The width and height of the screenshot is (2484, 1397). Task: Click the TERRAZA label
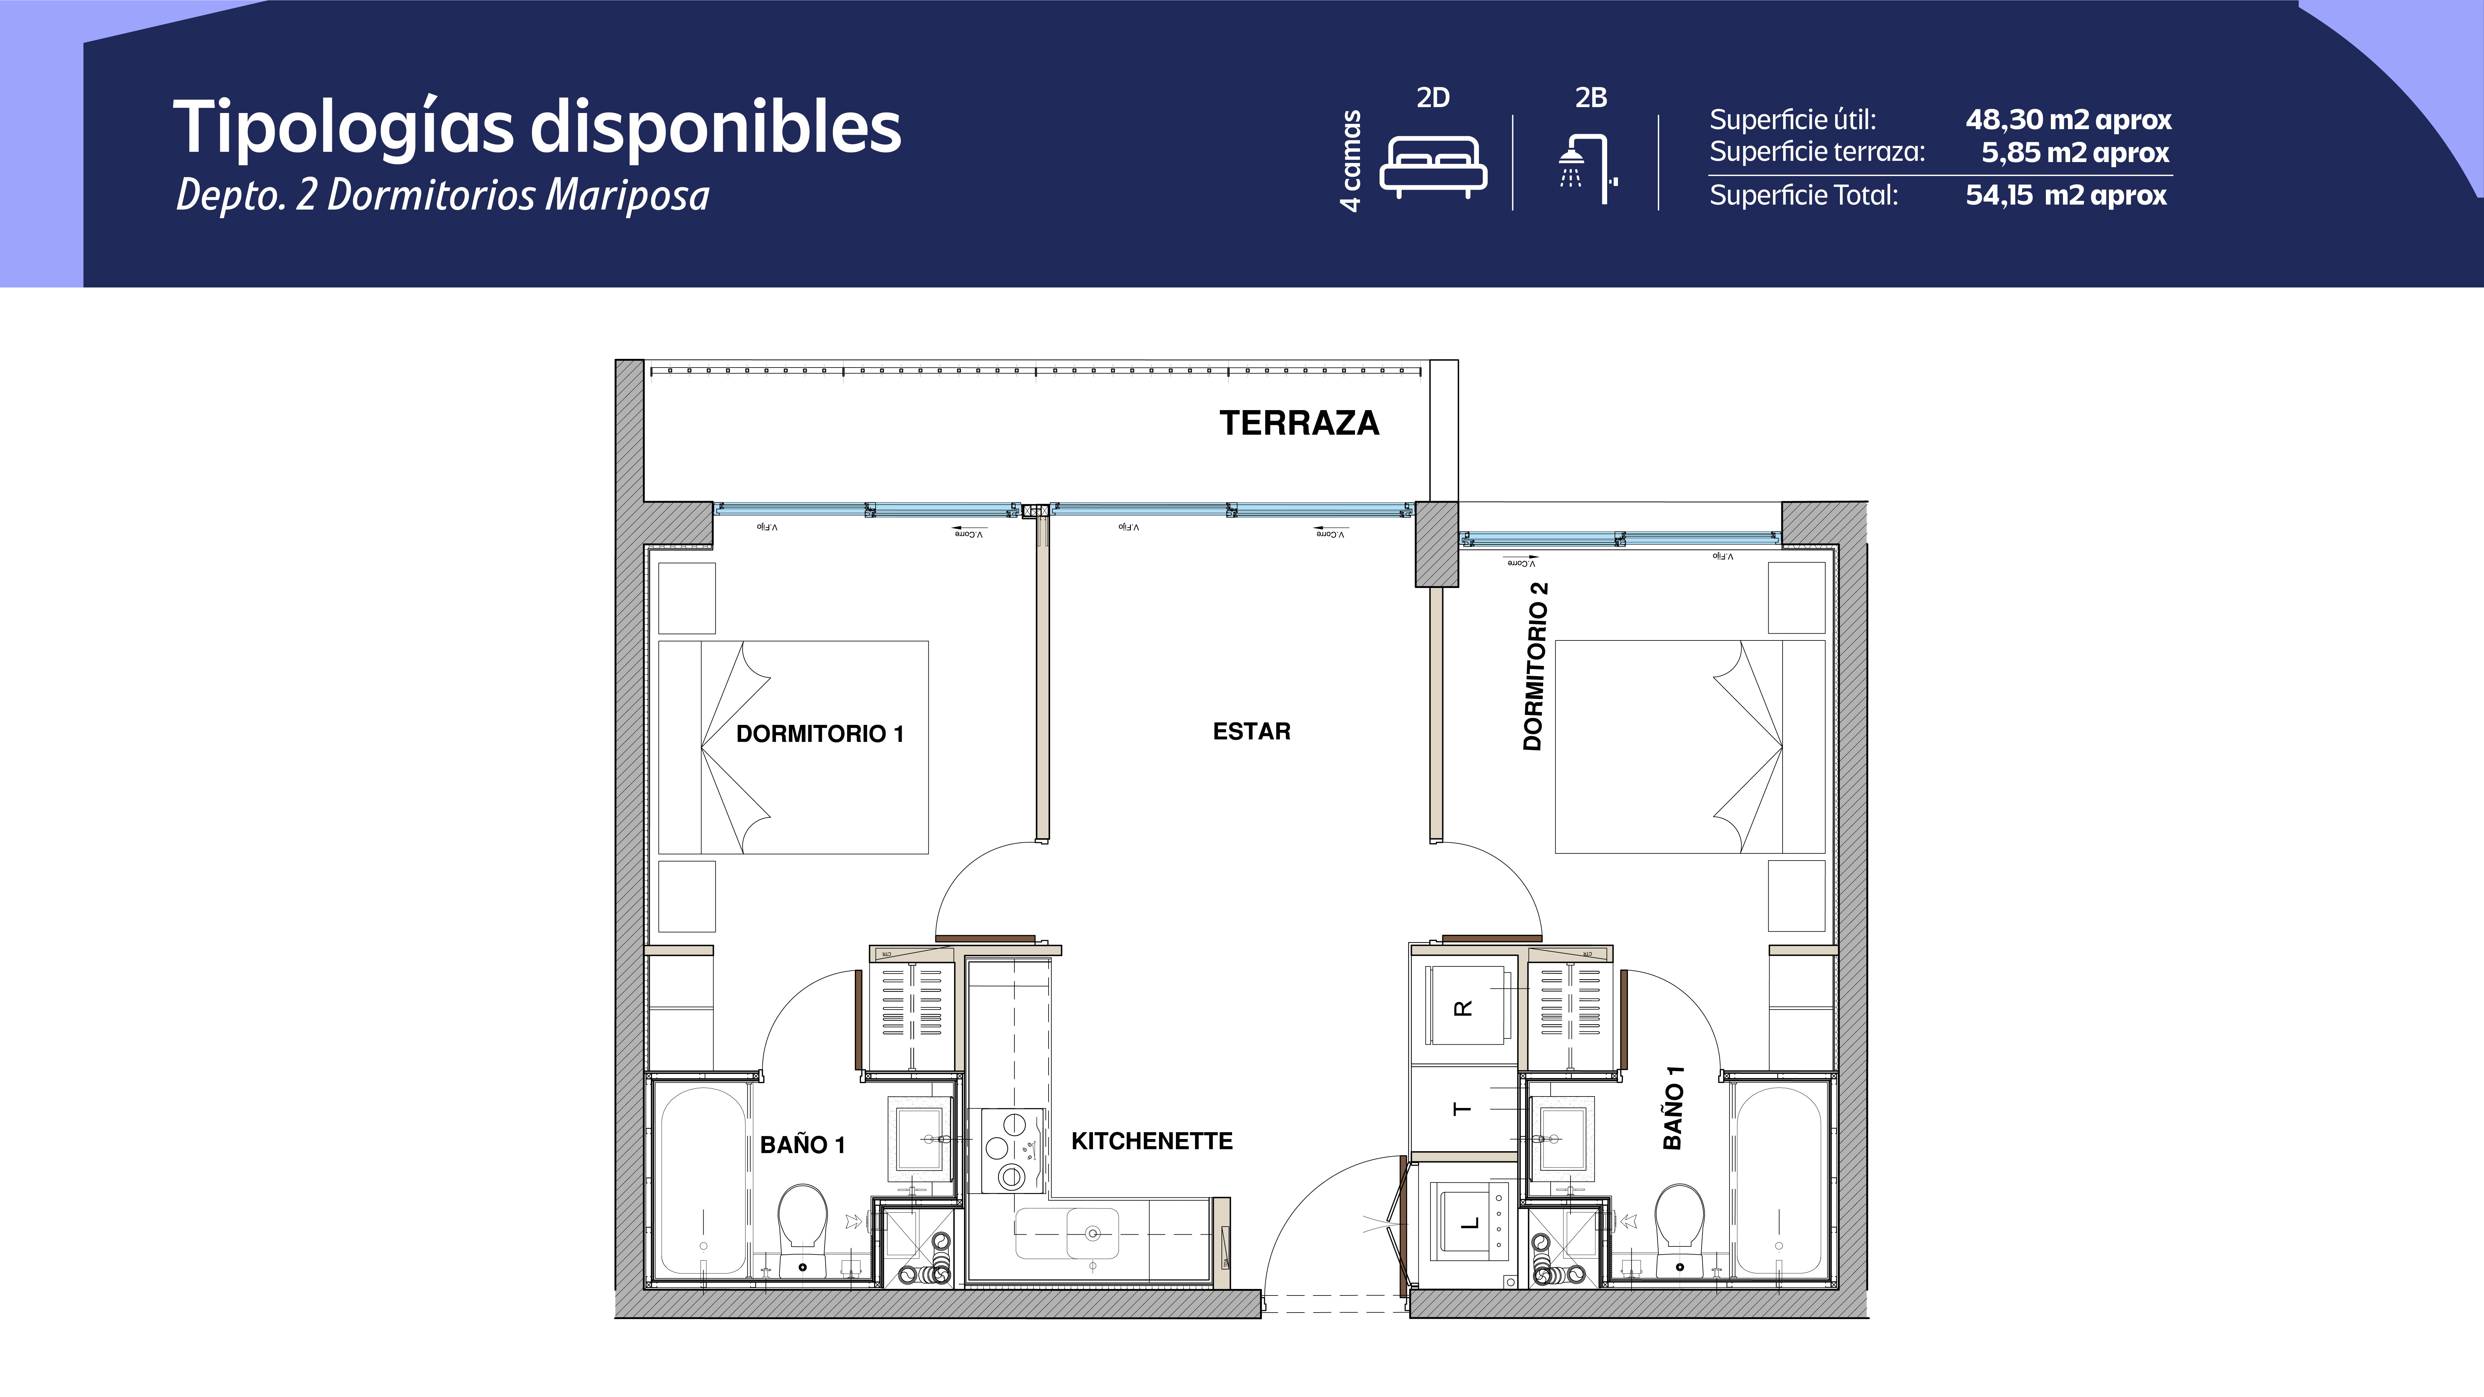coord(1299,423)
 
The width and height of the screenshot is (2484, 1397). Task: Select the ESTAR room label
coord(1251,731)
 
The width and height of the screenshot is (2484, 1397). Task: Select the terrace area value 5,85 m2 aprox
coord(2074,152)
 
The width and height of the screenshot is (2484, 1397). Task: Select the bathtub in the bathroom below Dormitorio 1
coord(702,1181)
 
